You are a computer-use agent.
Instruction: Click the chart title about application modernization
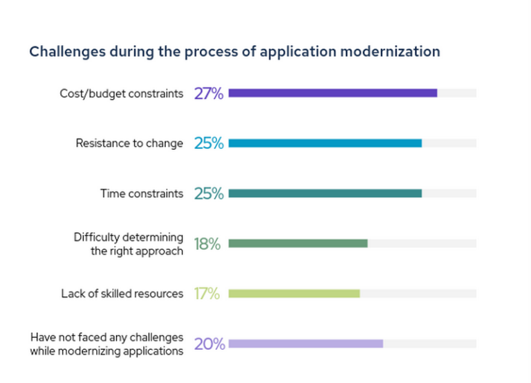point(234,52)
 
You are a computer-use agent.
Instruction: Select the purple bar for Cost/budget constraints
point(333,93)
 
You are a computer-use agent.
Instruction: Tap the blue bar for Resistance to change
point(325,143)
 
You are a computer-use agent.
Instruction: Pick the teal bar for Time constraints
point(325,193)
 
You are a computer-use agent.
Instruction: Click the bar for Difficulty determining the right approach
point(298,243)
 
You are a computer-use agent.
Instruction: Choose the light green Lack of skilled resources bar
point(294,294)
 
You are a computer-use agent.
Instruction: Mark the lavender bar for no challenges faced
point(306,344)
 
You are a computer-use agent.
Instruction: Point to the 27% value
point(209,93)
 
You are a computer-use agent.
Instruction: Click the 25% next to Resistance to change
point(209,143)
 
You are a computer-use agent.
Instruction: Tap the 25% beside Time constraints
point(209,194)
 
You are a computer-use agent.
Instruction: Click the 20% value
point(209,344)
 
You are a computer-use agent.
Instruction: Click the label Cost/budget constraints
point(122,93)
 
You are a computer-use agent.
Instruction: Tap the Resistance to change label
point(129,143)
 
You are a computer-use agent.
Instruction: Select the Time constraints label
point(142,193)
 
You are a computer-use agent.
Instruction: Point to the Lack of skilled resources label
point(122,294)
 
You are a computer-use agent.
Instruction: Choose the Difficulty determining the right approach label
point(129,244)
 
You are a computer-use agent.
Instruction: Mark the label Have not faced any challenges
point(106,338)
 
